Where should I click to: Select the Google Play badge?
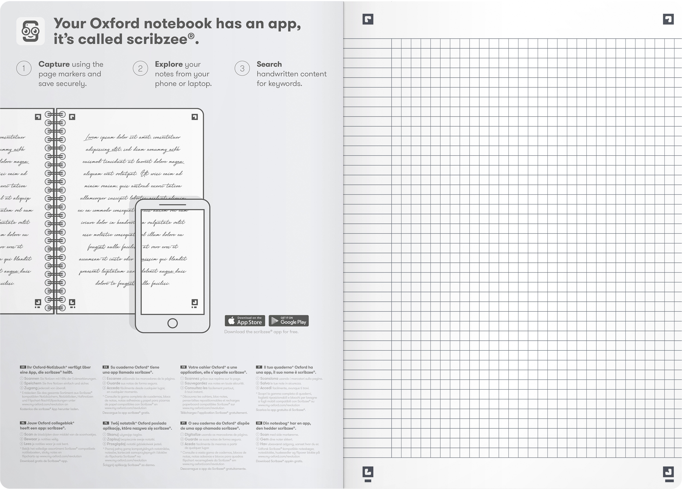[288, 321]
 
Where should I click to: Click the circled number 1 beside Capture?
[24, 68]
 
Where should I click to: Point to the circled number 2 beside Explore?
[140, 68]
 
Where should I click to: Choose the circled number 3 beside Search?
[242, 68]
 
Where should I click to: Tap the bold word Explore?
[169, 64]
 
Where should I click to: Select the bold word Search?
[269, 64]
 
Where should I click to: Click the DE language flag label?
[23, 367]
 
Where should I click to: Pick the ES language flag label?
[106, 367]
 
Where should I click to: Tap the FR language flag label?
[183, 367]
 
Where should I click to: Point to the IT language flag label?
[259, 367]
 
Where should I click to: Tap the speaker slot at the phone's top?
[172, 205]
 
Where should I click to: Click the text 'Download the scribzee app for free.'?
[261, 332]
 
